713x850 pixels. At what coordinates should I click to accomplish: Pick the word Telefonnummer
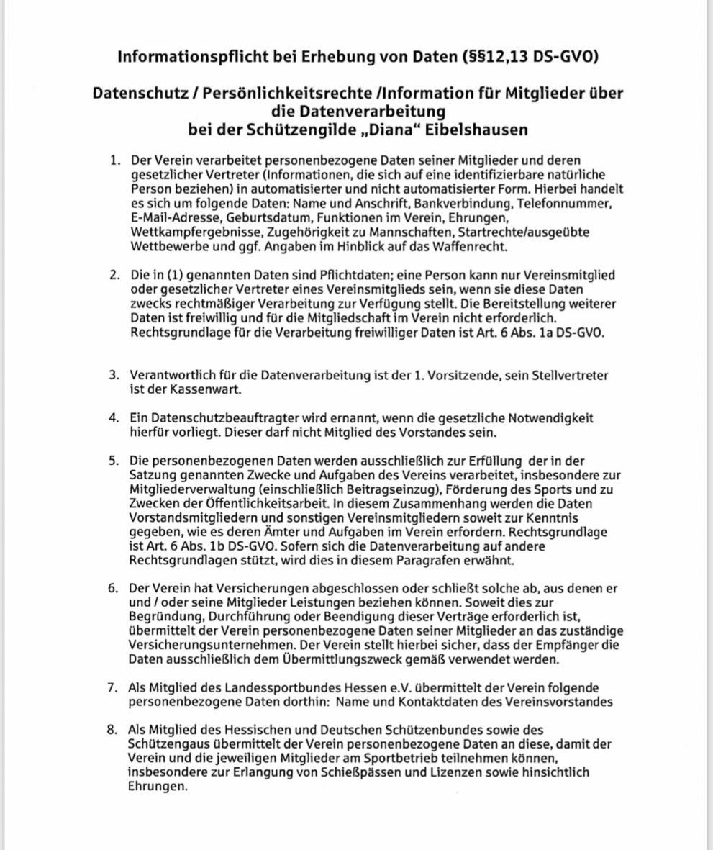click(564, 204)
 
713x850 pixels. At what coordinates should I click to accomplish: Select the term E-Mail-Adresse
click(174, 217)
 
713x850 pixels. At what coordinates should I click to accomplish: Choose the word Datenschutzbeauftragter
click(214, 418)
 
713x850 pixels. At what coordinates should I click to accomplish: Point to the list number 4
click(113, 418)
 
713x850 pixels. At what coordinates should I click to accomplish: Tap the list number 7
click(113, 688)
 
